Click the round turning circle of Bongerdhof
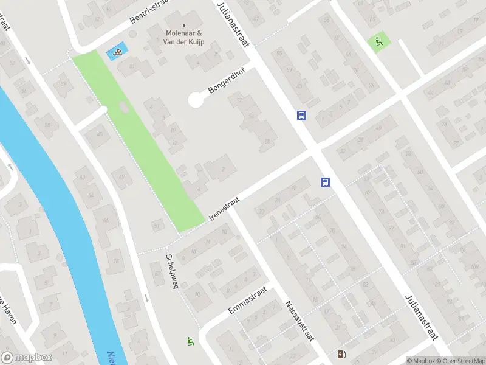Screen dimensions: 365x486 click(196, 100)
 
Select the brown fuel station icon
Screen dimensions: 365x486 click(341, 355)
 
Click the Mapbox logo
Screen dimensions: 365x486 click(27, 358)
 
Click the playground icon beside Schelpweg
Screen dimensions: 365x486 click(191, 342)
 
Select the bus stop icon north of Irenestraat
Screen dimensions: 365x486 click(301, 114)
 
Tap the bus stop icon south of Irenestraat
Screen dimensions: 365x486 click(325, 181)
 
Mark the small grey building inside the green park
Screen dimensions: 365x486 click(124, 108)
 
